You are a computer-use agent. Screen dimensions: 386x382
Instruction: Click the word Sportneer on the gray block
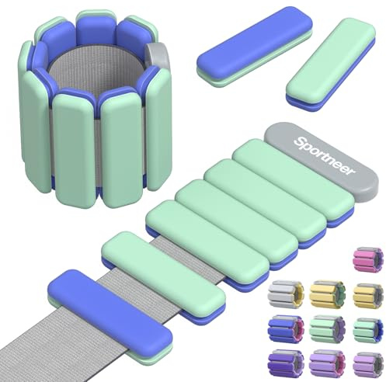[x=325, y=156]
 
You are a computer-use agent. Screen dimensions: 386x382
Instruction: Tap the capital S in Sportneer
[x=300, y=141]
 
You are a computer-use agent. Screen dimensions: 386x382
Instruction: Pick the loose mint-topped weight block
[x=330, y=64]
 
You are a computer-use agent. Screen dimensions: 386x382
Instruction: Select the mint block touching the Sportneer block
[x=293, y=182]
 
